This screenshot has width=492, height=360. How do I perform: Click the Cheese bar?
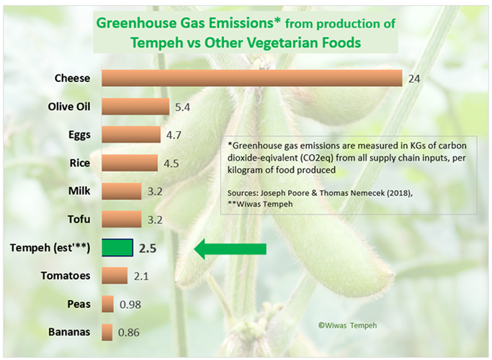tap(252, 78)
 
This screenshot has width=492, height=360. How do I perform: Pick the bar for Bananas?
tap(108, 332)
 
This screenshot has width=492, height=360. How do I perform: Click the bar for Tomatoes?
tap(115, 276)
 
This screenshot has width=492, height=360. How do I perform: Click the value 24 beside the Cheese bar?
tap(413, 78)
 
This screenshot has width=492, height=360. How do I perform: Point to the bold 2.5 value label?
tap(148, 249)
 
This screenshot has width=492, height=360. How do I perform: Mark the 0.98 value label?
tap(130, 305)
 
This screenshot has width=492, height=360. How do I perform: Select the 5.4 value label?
tap(182, 107)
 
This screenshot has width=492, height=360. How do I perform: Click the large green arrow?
tap(231, 249)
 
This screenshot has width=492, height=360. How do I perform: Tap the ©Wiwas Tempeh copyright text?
tap(348, 325)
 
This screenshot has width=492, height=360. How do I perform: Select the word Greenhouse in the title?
tap(134, 22)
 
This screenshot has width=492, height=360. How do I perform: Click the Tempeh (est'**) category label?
tap(50, 248)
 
